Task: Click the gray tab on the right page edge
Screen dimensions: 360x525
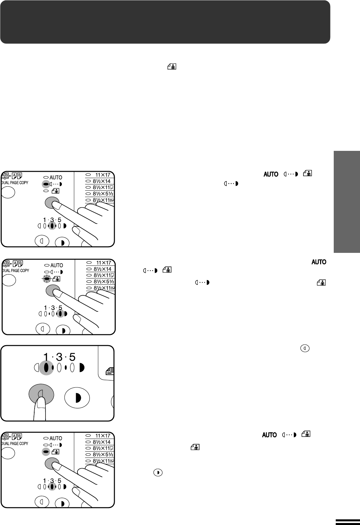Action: pyautogui.click(x=347, y=202)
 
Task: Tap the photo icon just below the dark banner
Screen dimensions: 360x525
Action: pyautogui.click(x=172, y=67)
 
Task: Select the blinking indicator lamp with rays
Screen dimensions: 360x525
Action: pyautogui.click(x=47, y=278)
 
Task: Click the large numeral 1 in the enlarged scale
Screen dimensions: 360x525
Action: pyautogui.click(x=46, y=357)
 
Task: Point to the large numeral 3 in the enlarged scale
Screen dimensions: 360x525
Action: pyautogui.click(x=59, y=357)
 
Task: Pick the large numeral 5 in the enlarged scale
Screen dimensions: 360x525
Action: pyautogui.click(x=72, y=357)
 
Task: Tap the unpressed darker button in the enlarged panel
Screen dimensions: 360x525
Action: pyautogui.click(x=77, y=398)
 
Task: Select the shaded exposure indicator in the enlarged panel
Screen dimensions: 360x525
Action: pyautogui.click(x=46, y=368)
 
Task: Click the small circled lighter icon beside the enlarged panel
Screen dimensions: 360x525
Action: pyautogui.click(x=305, y=348)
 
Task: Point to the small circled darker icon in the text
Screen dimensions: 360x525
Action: pyautogui.click(x=158, y=472)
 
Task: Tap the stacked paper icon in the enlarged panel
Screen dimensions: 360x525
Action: pyautogui.click(x=110, y=371)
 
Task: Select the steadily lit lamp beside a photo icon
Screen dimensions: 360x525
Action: pyautogui.click(x=46, y=452)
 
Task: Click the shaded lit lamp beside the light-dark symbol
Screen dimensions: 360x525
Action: pyautogui.click(x=46, y=184)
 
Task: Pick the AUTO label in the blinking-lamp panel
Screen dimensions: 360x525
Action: pyautogui.click(x=57, y=265)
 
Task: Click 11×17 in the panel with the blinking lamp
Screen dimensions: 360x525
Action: pyautogui.click(x=104, y=263)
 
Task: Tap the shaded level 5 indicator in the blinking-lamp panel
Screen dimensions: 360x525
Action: pyautogui.click(x=60, y=314)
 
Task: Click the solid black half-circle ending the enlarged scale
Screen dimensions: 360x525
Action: pyautogui.click(x=82, y=368)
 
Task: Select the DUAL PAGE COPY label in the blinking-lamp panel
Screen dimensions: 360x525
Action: pyautogui.click(x=16, y=270)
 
